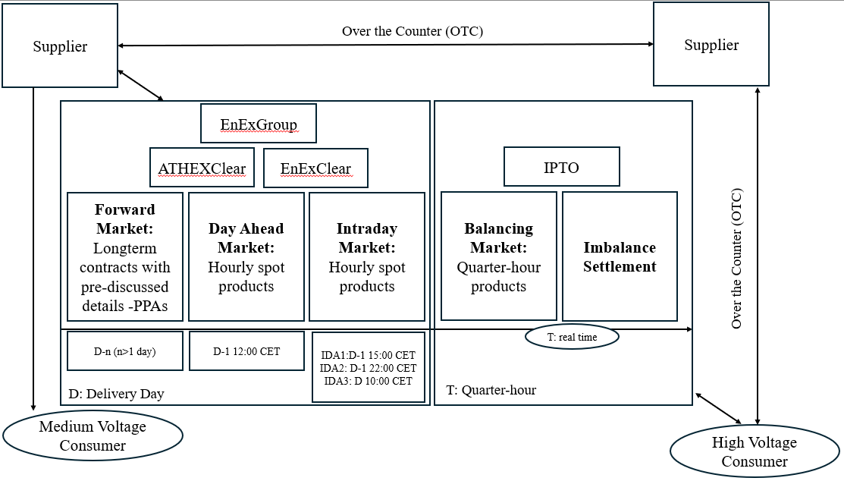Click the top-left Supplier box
[60, 46]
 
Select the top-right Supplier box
[711, 45]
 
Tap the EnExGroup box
[258, 124]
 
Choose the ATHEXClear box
[202, 168]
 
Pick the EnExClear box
[315, 168]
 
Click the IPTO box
[562, 167]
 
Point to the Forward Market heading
[124, 218]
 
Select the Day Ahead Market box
[246, 256]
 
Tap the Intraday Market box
[367, 256]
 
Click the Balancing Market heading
[498, 237]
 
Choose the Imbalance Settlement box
[620, 256]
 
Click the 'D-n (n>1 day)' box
[124, 351]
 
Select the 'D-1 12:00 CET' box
[246, 351]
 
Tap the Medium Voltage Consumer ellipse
[93, 436]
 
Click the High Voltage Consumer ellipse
[755, 452]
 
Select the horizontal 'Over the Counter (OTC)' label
[413, 31]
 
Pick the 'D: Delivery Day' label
[116, 395]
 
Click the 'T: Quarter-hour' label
[491, 390]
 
